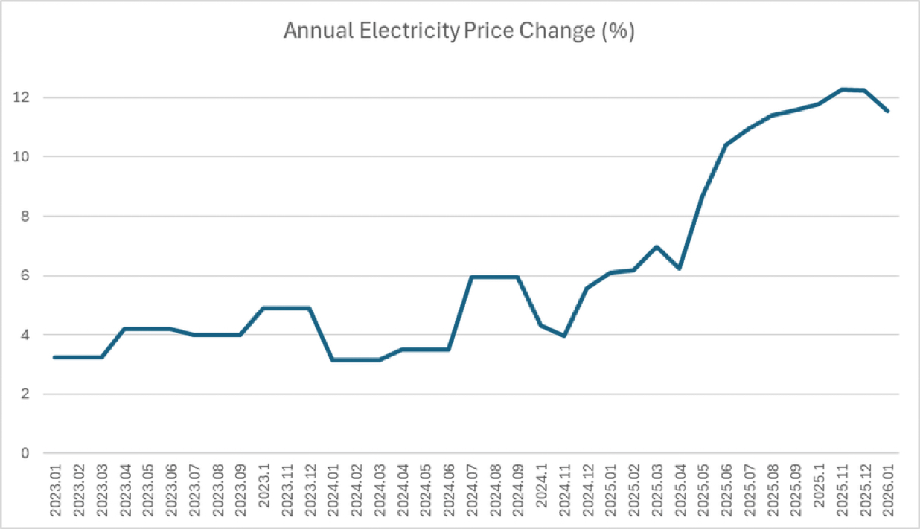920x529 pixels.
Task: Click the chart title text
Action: click(459, 32)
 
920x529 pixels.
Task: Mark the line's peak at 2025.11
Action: click(842, 89)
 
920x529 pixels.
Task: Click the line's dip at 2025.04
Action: click(680, 268)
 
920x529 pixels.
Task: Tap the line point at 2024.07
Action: click(472, 277)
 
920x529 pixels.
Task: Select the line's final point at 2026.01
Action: click(888, 111)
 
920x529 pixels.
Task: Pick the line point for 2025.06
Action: click(726, 144)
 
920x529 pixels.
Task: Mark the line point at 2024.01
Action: click(332, 360)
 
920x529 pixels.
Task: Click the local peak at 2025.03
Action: click(657, 247)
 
